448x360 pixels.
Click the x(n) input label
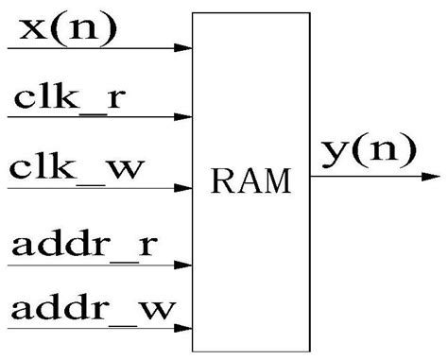coord(62,28)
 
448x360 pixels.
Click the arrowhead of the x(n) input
coord(184,46)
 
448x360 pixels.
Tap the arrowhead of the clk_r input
coord(184,118)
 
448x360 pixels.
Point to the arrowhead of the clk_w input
coord(184,187)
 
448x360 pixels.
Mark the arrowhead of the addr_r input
coord(184,266)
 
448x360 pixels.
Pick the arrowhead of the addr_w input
coord(184,329)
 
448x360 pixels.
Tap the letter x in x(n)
coord(26,31)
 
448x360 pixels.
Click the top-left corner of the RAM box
coord(193,14)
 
